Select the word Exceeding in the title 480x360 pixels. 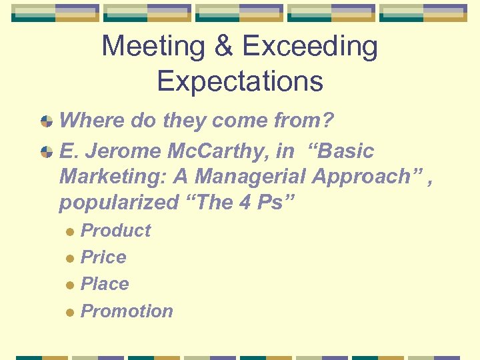pos(310,47)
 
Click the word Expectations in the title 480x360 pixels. pos(240,81)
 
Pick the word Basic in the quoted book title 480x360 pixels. pos(346,151)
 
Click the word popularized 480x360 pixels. pos(118,202)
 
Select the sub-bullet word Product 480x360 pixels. pos(115,231)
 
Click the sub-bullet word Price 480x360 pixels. pos(103,257)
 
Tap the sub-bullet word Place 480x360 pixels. pos(105,284)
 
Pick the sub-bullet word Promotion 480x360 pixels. pos(127,311)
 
